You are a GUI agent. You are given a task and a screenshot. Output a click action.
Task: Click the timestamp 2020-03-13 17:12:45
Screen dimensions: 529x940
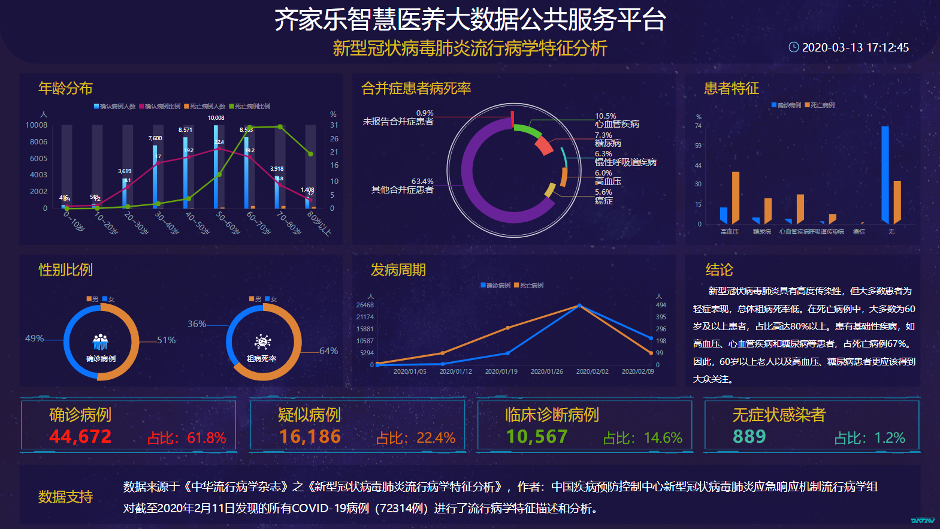[855, 47]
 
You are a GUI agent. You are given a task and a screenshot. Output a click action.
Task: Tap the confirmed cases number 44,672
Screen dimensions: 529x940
[80, 437]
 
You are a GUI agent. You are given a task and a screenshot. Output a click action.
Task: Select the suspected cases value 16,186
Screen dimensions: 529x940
[310, 437]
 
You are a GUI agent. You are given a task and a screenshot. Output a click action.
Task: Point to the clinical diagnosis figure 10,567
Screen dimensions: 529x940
[537, 437]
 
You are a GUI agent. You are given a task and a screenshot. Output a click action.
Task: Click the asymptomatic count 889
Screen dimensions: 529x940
[749, 437]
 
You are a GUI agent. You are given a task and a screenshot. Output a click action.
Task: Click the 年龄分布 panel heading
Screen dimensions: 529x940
[65, 89]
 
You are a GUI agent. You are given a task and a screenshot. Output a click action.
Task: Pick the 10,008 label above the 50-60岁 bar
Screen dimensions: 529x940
[216, 118]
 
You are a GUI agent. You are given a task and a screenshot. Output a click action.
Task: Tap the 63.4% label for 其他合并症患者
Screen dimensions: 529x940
[422, 182]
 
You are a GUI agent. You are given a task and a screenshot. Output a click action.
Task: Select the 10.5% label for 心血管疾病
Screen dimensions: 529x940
[605, 116]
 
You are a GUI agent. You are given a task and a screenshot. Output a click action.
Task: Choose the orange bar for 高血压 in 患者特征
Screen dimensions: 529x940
[736, 198]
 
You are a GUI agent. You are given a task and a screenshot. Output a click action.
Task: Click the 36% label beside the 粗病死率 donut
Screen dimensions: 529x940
[197, 324]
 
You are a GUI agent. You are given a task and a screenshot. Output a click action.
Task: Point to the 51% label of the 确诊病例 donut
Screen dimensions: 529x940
[166, 340]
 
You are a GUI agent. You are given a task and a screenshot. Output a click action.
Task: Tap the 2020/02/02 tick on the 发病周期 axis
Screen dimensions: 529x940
[592, 372]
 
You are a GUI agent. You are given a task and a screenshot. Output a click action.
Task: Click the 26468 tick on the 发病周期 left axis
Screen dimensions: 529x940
[365, 306]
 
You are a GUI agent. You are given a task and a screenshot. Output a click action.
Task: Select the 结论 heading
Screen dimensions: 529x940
[719, 270]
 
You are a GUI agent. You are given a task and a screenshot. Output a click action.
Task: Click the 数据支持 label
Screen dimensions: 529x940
[65, 497]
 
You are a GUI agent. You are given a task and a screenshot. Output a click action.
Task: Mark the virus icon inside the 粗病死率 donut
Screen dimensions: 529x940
[262, 342]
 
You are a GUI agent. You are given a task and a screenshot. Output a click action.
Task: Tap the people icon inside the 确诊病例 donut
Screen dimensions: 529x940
[101, 342]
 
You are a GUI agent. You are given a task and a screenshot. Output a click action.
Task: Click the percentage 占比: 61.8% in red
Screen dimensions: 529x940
[187, 438]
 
